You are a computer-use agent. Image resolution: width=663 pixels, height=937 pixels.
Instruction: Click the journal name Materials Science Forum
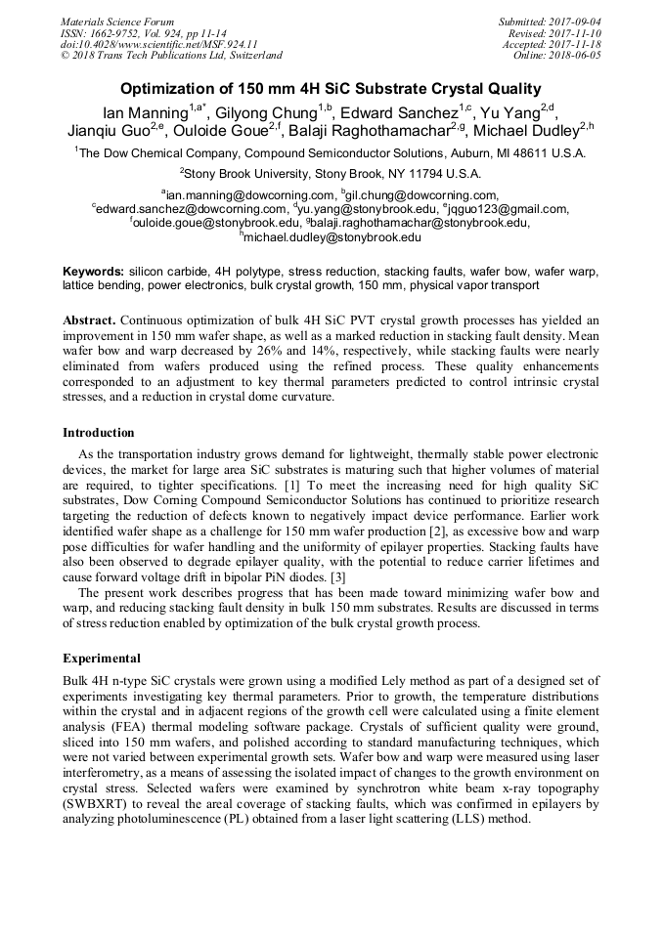pos(117,21)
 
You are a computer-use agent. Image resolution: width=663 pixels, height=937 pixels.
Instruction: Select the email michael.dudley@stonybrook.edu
pos(332,236)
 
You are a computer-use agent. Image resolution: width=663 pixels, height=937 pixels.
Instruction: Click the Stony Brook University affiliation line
pos(332,173)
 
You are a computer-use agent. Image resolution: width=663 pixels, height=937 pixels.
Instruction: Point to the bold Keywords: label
pos(94,271)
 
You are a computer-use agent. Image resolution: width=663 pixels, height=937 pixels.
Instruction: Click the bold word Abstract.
pos(90,320)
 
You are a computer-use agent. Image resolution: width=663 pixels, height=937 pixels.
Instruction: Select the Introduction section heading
pos(99,432)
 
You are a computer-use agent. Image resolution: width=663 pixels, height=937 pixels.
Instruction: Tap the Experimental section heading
pos(102,658)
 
